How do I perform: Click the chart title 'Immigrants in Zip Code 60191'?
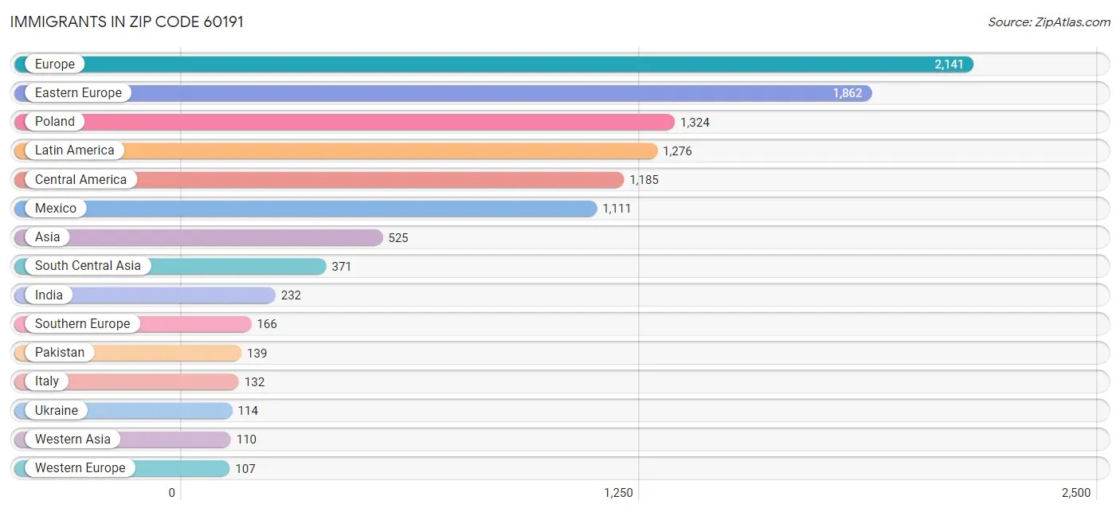[x=127, y=21]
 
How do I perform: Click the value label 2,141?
[x=949, y=64]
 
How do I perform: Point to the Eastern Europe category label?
[x=78, y=93]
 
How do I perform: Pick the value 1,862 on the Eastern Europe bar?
[x=848, y=93]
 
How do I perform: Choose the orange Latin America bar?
[x=382, y=150]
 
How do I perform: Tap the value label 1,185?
[x=644, y=180]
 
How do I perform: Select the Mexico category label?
[x=56, y=209]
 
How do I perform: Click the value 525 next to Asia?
[x=398, y=237]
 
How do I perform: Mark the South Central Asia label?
[x=88, y=266]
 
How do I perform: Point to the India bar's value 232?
[x=291, y=295]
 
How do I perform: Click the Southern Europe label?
[x=82, y=324]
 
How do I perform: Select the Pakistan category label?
[x=60, y=353]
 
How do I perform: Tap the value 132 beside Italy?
[x=254, y=382]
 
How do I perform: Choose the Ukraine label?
[x=57, y=411]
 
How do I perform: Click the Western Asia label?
[x=72, y=440]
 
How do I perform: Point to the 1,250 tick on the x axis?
[x=618, y=493]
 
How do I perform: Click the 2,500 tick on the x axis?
[x=1075, y=493]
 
